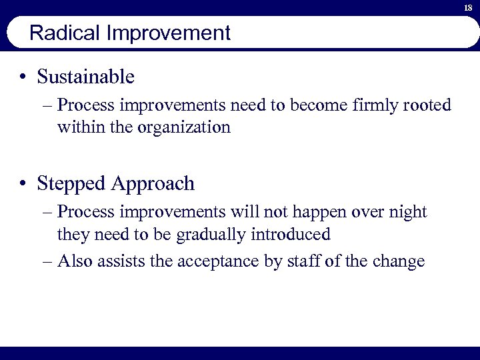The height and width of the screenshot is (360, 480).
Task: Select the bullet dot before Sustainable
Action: coord(23,77)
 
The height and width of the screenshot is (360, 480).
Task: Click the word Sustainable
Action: coord(86,77)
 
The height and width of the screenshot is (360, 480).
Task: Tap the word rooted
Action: coord(427,105)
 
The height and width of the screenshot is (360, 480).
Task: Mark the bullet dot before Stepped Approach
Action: coord(23,183)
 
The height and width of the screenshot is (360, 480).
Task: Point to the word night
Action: coord(408,212)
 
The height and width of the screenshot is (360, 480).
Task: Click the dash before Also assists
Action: coord(46,261)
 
